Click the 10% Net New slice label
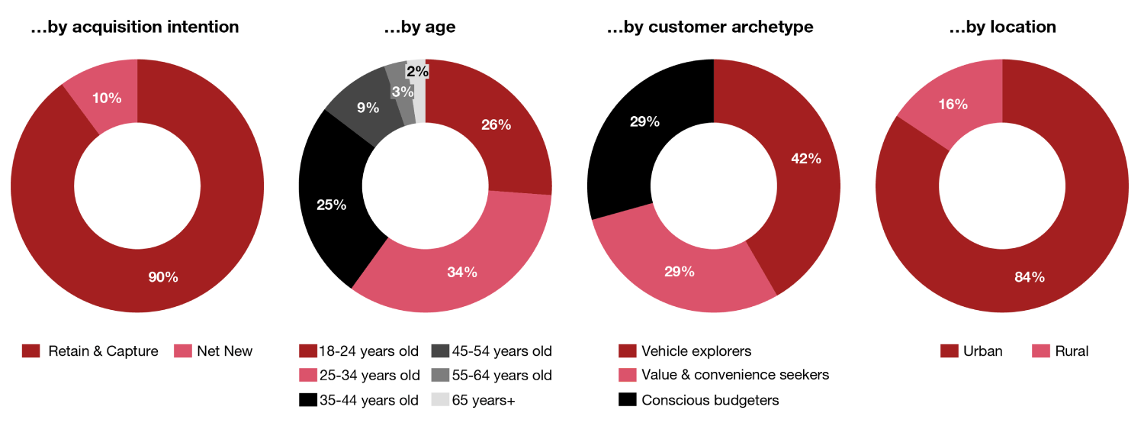point(105,98)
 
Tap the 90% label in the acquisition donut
point(163,277)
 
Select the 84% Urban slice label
point(1029,277)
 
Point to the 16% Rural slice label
point(953,105)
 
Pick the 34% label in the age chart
point(462,272)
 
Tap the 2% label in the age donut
point(417,72)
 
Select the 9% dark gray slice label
point(368,108)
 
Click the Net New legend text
point(224,351)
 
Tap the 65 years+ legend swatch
point(440,399)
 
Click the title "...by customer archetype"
point(710,27)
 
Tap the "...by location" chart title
point(1002,27)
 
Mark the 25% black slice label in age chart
point(331,205)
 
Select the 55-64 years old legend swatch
point(440,375)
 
